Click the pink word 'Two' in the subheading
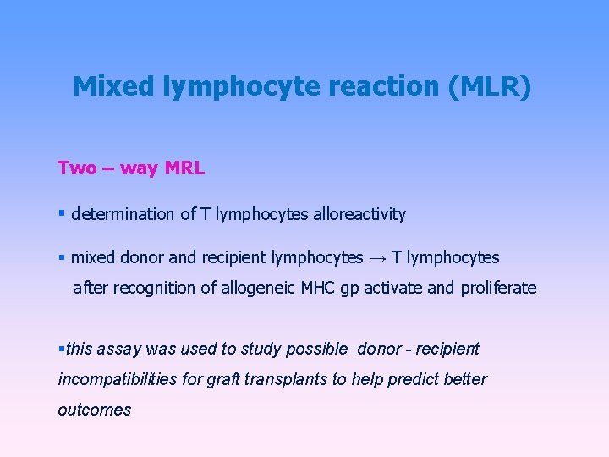click(77, 168)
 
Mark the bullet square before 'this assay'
click(61, 349)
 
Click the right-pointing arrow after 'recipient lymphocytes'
click(376, 257)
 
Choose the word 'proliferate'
click(498, 288)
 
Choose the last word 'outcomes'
click(94, 410)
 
